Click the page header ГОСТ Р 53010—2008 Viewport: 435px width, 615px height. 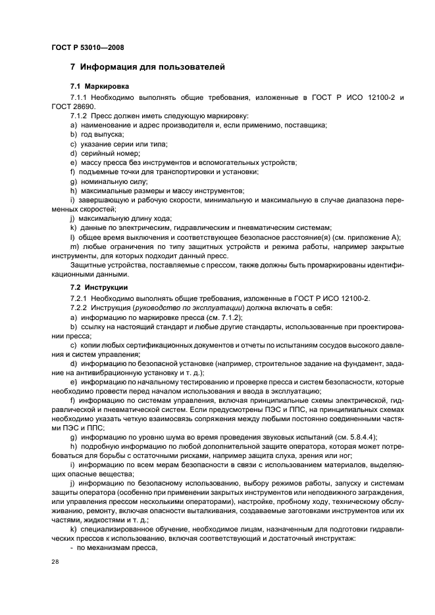pyautogui.click(x=88, y=47)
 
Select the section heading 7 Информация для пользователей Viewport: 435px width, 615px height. pyautogui.click(x=148, y=67)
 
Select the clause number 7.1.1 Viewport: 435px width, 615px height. pyautogui.click(x=79, y=97)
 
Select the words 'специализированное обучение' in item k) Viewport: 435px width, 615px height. pyautogui.click(x=129, y=529)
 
